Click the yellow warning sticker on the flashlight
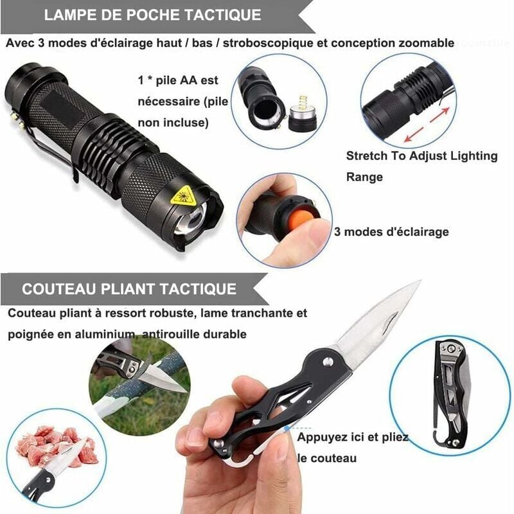pyautogui.click(x=182, y=193)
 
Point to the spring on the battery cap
pyautogui.click(x=301, y=103)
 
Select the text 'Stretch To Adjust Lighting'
pyautogui.click(x=421, y=155)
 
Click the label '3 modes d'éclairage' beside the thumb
pyautogui.click(x=391, y=232)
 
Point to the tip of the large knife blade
pyautogui.click(x=418, y=282)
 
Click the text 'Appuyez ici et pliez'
pyautogui.click(x=352, y=438)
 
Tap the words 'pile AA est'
pyautogui.click(x=186, y=81)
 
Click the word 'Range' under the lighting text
pyautogui.click(x=364, y=176)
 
